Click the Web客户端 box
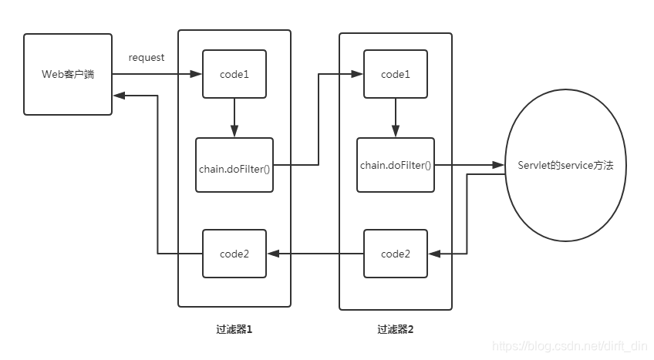pos(67,74)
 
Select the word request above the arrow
pos(147,58)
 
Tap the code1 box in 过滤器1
pos(234,74)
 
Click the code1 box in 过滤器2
pos(396,74)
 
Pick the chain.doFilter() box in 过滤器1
pos(234,165)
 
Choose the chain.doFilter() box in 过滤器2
pos(396,165)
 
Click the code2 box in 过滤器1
pos(234,254)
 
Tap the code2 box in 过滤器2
pos(396,254)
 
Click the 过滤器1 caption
pos(234,329)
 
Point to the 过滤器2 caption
pos(396,329)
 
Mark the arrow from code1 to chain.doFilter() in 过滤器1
pos(234,118)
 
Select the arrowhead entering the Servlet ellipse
pos(500,165)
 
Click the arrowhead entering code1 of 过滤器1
pos(197,74)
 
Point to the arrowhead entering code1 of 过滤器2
pos(359,74)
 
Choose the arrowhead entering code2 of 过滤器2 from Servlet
pos(433,254)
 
